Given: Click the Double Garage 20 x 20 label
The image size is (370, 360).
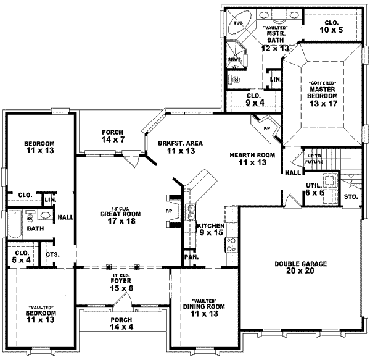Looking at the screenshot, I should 301,267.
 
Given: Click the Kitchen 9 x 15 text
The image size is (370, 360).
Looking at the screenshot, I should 210,230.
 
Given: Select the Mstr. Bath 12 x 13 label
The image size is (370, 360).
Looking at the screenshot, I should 274,38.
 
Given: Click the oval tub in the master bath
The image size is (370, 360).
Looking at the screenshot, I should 237,25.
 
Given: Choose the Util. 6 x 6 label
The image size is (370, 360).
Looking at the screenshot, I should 314,189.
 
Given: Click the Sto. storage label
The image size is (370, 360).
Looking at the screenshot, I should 352,197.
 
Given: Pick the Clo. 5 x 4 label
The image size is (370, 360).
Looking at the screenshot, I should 20,256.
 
